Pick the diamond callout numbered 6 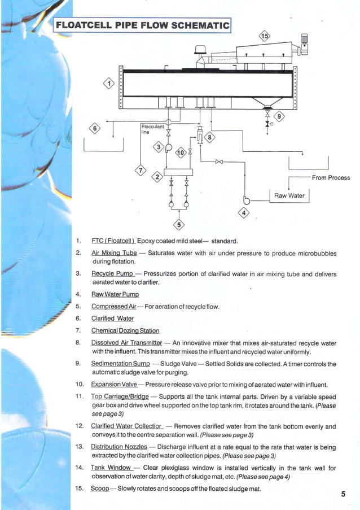point(95,129)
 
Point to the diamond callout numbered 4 point(244,213)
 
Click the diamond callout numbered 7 point(141,170)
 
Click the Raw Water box point(289,196)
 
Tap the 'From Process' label point(331,178)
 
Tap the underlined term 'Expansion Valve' point(115,384)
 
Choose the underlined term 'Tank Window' point(111,468)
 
